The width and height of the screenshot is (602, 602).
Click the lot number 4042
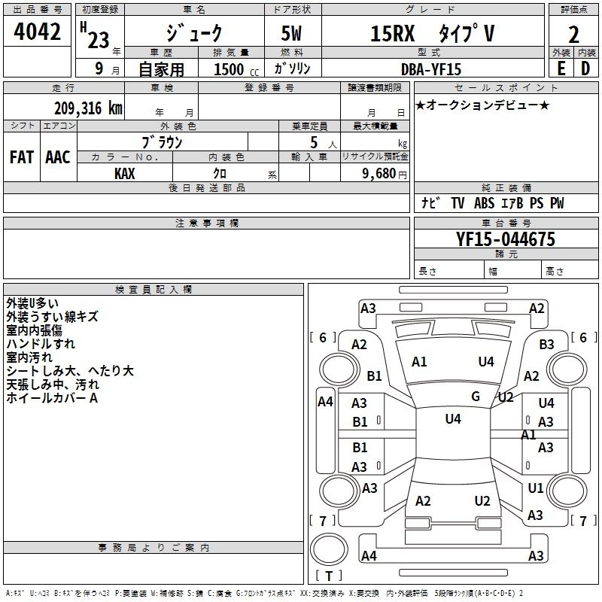(37, 33)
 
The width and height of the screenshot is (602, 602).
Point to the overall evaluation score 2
(574, 35)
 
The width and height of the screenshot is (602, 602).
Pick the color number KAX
(125, 173)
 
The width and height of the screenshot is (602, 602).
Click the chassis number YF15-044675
(506, 240)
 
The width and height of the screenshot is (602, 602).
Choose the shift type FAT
(22, 157)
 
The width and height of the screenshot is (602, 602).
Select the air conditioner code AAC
(58, 157)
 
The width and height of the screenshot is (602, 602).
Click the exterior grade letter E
(561, 68)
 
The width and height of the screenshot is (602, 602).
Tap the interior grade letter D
(585, 68)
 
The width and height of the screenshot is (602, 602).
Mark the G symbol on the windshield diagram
(475, 396)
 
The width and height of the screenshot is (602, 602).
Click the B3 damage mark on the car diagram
(547, 344)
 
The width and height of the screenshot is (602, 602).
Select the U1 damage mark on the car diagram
(536, 488)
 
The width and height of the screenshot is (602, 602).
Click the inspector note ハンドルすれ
(41, 344)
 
